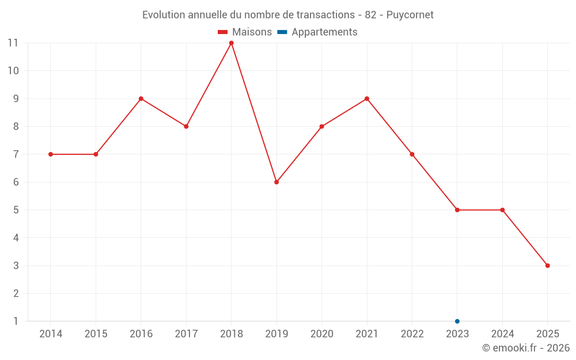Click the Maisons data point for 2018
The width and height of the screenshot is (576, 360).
(x=231, y=43)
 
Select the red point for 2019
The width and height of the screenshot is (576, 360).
(x=276, y=182)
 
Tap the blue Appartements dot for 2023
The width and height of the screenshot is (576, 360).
(x=457, y=321)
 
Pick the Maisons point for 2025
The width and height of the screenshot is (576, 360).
(x=548, y=266)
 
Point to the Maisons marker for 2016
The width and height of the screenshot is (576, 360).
(x=141, y=98)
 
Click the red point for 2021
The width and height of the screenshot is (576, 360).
(x=367, y=98)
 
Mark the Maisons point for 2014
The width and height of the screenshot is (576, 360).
(x=51, y=154)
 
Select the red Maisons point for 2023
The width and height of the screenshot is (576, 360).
(x=457, y=210)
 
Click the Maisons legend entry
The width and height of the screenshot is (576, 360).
(x=245, y=32)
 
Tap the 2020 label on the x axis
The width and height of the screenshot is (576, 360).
(x=321, y=334)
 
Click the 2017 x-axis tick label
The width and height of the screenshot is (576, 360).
(x=186, y=334)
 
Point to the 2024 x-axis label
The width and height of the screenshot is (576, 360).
(x=502, y=334)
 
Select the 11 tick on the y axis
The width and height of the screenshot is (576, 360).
(x=13, y=43)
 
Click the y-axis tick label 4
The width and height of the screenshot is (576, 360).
(x=16, y=238)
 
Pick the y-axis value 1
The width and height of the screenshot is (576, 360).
(x=16, y=321)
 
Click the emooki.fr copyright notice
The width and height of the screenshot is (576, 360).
(x=525, y=348)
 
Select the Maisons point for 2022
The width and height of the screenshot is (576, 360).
(x=412, y=154)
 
